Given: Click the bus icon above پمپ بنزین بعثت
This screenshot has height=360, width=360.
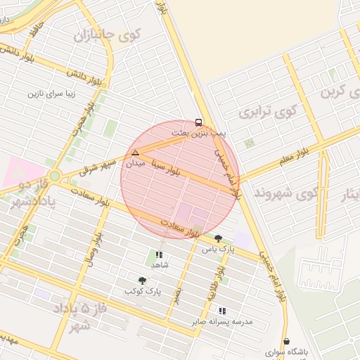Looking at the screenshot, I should click(198, 121).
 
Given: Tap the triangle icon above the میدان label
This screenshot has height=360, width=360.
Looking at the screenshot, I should click(135, 153).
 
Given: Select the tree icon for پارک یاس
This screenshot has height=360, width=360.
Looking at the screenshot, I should click(218, 238).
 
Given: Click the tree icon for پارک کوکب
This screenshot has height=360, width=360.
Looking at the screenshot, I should click(143, 281).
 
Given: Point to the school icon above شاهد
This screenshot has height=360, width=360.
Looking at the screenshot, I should click(159, 255).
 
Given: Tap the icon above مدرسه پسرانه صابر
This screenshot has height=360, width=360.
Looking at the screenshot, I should click(222, 311).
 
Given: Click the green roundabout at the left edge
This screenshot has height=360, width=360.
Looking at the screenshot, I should click(54, 176).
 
